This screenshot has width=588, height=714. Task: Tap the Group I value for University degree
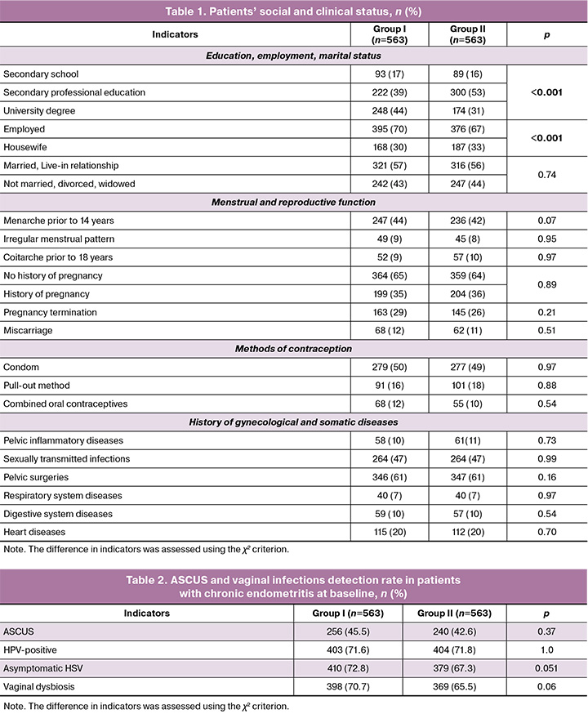tap(372, 110)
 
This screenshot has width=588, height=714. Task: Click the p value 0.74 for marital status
tap(546, 174)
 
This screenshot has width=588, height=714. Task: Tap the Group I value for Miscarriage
tap(372, 331)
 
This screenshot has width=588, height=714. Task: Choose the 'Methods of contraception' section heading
tap(293, 350)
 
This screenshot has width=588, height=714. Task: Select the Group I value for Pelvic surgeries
tap(372, 478)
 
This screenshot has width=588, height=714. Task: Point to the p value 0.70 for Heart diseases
tap(546, 533)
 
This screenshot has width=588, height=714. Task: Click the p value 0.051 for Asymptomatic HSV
tap(546, 670)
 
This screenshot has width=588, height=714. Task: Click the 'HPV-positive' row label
tap(31, 651)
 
